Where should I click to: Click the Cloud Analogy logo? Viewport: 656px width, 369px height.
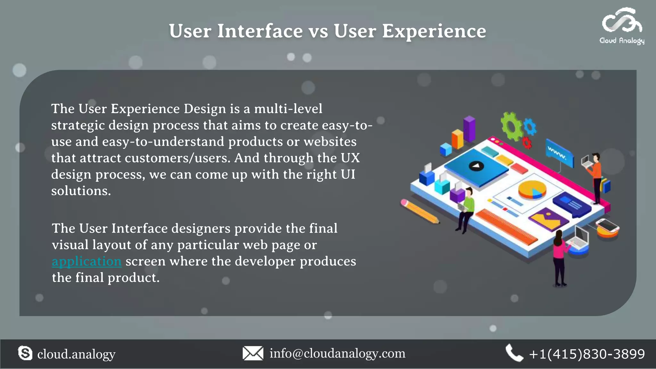[622, 26]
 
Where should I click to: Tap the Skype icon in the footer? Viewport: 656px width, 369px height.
[25, 353]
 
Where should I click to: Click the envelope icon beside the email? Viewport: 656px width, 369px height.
[253, 353]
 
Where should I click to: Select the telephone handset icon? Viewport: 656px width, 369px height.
[514, 353]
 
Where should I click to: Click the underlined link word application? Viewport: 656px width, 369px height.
[86, 261]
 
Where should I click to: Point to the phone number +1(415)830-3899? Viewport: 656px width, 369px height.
[587, 354]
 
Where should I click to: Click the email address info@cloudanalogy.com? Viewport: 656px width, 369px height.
[337, 353]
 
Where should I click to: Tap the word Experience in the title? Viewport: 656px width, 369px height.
[434, 31]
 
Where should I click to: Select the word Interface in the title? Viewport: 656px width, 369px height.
[260, 31]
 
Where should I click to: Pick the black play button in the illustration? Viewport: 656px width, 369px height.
[476, 166]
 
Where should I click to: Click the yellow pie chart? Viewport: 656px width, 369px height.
[532, 189]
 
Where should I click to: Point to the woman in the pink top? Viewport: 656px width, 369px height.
[559, 256]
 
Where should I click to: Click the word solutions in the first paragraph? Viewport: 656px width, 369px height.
[81, 191]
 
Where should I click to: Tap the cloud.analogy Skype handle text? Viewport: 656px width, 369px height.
[76, 354]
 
